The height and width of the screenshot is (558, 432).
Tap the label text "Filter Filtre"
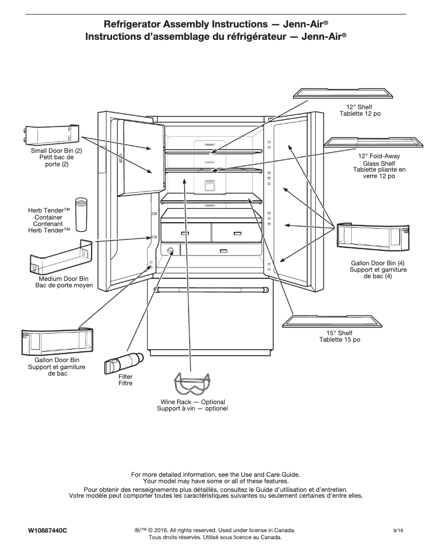pyautogui.click(x=125, y=380)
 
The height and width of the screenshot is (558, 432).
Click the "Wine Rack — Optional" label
pyautogui.click(x=192, y=402)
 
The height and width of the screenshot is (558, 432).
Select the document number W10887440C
pyautogui.click(x=47, y=531)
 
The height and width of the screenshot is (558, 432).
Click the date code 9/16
pyautogui.click(x=399, y=531)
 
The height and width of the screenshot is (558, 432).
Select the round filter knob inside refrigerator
pyautogui.click(x=171, y=251)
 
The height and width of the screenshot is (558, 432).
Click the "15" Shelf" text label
pyautogui.click(x=339, y=334)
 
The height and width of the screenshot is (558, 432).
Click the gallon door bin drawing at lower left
pyautogui.click(x=57, y=341)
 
